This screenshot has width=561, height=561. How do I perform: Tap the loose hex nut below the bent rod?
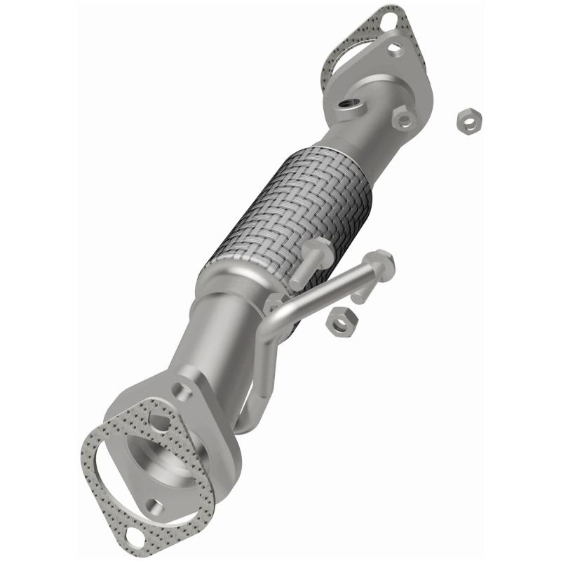[x=340, y=320]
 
